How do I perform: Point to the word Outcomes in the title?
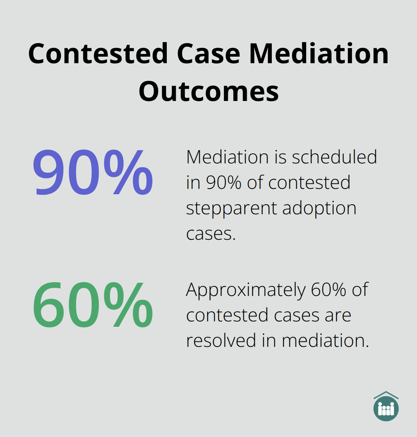click(208, 92)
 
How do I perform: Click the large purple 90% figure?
click(93, 173)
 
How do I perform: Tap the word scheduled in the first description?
click(334, 157)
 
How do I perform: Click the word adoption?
click(319, 208)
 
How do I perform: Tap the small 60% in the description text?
click(329, 290)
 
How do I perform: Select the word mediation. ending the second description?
click(325, 341)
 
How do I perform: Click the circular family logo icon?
click(386, 409)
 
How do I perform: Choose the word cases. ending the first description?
click(211, 234)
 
